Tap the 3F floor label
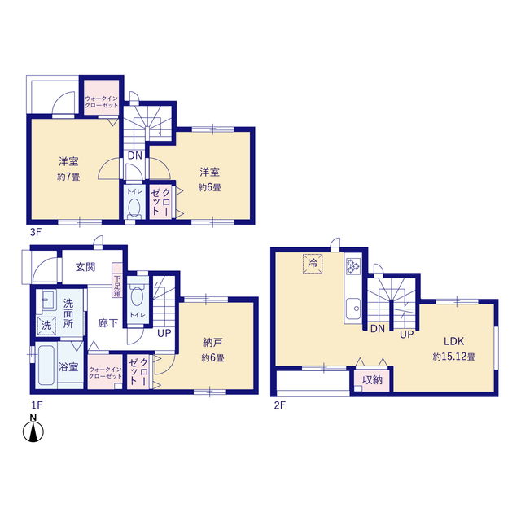36,232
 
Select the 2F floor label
280,405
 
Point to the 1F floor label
37,405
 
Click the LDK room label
454,341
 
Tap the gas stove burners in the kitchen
352,266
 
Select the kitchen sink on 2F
352,309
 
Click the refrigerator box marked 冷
313,264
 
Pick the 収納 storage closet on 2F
372,380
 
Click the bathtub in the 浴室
46,366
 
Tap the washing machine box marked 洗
47,325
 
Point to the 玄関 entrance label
85,267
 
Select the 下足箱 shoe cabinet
117,280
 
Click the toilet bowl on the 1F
136,296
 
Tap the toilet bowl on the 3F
134,208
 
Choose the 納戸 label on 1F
212,342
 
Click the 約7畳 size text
68,177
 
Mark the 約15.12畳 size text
454,357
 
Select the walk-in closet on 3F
101,98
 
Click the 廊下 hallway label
108,323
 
